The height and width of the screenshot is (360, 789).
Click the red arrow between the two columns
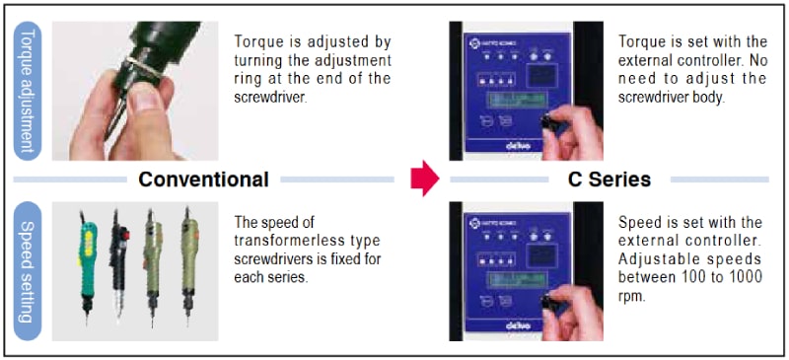coord(425,179)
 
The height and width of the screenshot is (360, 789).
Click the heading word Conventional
coord(204,180)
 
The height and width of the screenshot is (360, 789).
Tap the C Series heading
coord(610,180)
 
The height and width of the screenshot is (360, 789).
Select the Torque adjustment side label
coord(28,91)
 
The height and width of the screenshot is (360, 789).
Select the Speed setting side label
coord(28,271)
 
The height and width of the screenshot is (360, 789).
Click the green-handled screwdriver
coord(88,268)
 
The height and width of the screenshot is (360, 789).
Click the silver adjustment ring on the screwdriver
coord(144,67)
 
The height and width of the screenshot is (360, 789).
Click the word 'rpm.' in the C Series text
coord(631,297)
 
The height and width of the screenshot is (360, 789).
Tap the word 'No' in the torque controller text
coord(757,59)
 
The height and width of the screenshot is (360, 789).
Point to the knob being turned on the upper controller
coord(546,122)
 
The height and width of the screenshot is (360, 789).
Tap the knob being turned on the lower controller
coord(546,302)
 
